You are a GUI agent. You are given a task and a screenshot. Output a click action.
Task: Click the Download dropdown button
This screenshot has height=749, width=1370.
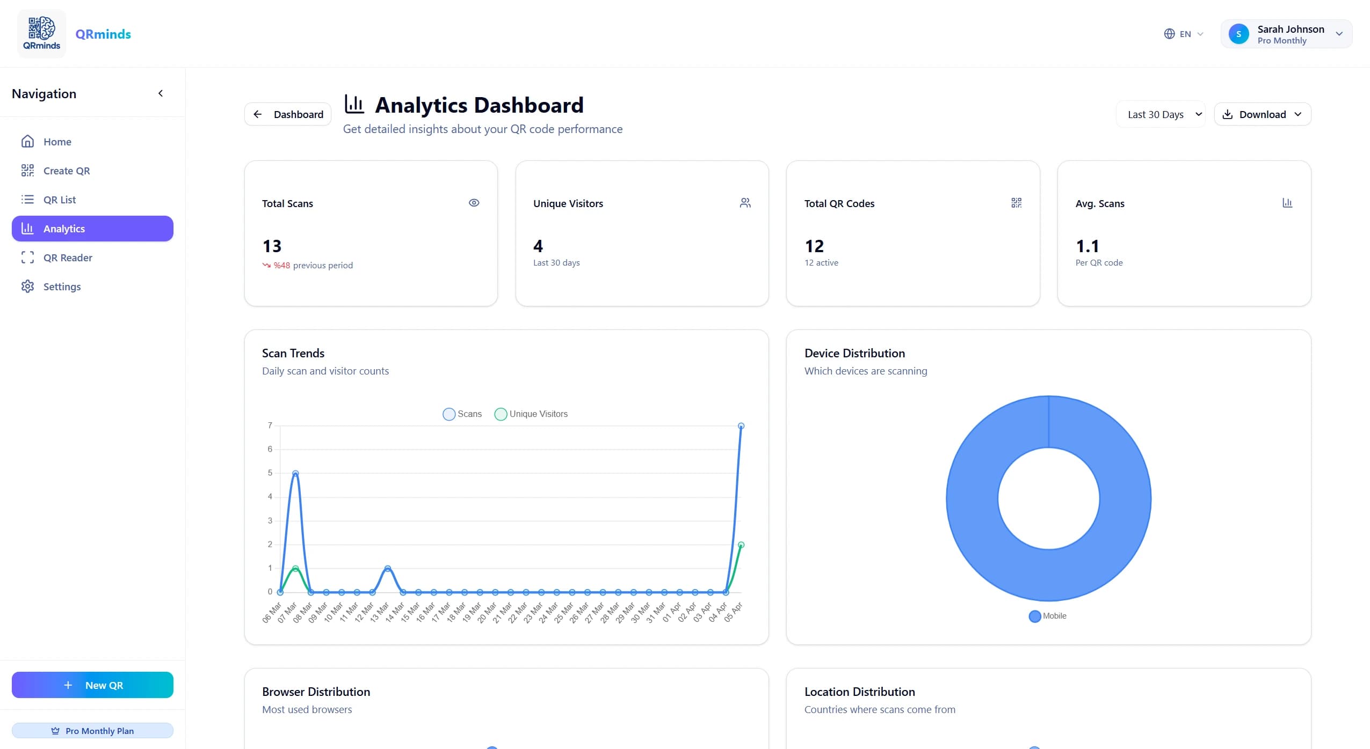(1262, 114)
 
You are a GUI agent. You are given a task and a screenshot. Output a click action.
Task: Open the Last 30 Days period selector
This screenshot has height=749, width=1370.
(1161, 114)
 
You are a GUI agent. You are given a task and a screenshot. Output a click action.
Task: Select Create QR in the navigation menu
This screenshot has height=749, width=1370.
(66, 171)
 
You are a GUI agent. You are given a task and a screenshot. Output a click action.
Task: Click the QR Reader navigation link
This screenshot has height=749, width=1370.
(68, 258)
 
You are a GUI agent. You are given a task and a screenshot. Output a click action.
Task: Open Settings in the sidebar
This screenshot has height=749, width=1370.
(62, 287)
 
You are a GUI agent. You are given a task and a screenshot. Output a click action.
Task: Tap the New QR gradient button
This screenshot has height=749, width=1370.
(92, 685)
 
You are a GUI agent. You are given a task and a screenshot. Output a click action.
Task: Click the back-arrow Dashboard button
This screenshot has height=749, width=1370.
(288, 114)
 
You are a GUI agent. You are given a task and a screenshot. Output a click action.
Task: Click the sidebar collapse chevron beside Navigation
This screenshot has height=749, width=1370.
(160, 93)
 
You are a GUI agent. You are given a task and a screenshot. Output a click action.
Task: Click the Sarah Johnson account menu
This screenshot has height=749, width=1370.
(1286, 34)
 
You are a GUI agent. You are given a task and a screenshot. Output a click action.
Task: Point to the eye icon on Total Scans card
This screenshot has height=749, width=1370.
(474, 203)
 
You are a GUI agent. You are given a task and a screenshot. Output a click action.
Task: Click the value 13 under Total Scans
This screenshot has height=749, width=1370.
(272, 246)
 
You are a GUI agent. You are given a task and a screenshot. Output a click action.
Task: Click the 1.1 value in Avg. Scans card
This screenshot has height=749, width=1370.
(1088, 246)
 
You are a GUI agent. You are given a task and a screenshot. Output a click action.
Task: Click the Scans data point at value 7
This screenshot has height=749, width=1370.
(741, 426)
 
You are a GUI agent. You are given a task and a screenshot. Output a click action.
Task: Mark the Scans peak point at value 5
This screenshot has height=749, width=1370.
(295, 473)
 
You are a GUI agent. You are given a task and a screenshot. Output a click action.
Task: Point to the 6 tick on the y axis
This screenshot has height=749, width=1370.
(270, 449)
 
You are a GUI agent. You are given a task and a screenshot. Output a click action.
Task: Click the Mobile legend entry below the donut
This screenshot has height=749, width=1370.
(1048, 616)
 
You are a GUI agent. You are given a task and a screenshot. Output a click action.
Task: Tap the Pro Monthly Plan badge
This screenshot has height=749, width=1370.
(92, 731)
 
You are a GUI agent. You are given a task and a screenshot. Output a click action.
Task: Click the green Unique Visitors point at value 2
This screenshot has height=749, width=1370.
(741, 545)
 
